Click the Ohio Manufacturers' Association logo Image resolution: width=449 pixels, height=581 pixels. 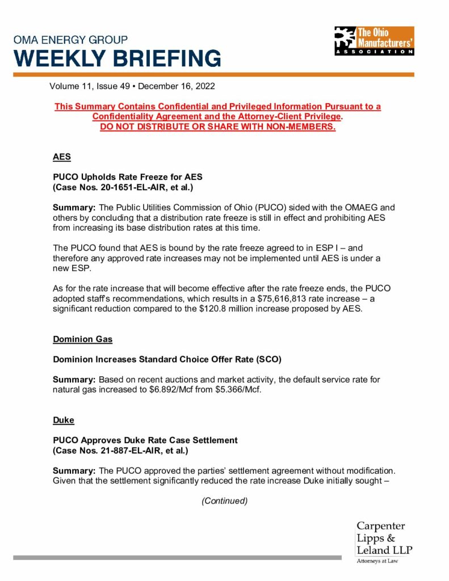374,41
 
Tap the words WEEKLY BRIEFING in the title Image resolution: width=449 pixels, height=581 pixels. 118,58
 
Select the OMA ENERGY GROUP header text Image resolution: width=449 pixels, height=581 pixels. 71,40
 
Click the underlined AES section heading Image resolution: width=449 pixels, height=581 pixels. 62,158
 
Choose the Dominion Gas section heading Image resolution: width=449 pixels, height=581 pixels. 82,339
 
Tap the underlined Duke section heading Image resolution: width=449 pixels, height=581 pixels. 64,420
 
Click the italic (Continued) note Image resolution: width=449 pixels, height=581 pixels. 225,501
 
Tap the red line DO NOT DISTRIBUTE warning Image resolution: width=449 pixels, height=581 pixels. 217,127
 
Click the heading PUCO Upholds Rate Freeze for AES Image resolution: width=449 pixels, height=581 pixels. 127,177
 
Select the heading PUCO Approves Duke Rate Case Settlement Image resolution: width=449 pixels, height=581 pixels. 145,440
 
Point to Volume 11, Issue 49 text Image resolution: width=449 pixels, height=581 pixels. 91,86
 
